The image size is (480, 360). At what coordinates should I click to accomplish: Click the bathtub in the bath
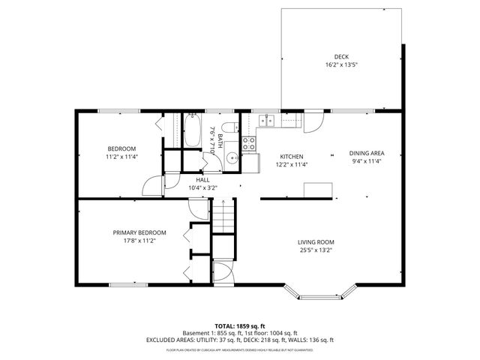(x=191, y=130)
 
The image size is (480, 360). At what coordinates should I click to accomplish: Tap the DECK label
(x=341, y=57)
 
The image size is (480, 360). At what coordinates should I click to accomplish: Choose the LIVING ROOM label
(x=315, y=242)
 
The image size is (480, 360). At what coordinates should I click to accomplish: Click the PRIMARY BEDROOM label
(x=139, y=232)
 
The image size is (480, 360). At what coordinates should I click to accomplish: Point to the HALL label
(x=202, y=180)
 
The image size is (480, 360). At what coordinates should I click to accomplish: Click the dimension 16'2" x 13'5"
(x=341, y=65)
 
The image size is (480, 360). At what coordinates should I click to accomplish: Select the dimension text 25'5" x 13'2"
(x=315, y=250)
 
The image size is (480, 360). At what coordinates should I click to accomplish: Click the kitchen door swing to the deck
(x=315, y=121)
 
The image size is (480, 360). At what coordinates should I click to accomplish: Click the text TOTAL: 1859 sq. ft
(x=240, y=325)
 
